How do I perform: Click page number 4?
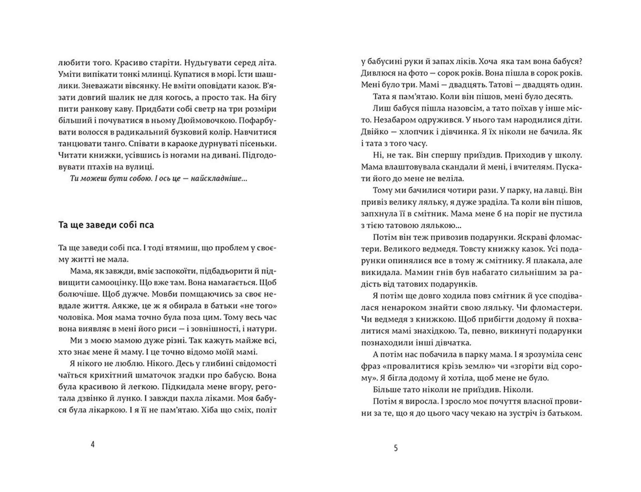pos(92,444)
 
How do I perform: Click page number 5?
pos(396,448)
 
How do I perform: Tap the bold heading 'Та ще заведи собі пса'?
pos(106,225)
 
